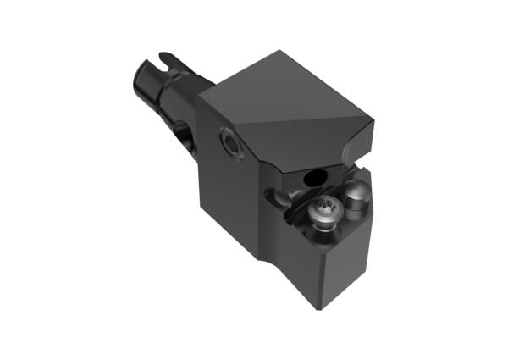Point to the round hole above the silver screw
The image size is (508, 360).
[315, 177]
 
